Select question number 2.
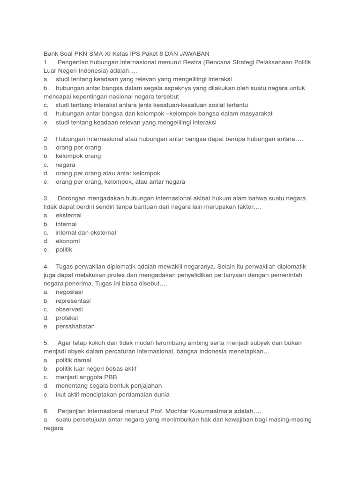coord(46,139)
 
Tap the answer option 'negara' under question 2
coord(65,165)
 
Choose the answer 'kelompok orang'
coord(78,156)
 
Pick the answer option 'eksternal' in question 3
coord(68,215)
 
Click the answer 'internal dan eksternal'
coord(86,232)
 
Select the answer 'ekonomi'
coord(68,241)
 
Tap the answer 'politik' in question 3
coord(64,250)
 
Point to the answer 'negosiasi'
coord(69,292)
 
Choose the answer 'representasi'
coord(73,301)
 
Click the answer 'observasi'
coord(69,309)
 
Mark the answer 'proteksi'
coord(67,318)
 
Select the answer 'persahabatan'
coord(75,326)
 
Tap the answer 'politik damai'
coord(74,360)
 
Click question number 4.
coord(46,266)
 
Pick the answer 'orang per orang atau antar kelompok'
coord(108,173)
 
